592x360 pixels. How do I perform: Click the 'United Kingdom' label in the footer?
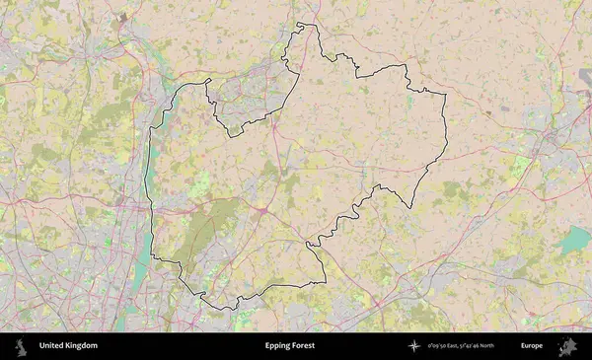pos(68,346)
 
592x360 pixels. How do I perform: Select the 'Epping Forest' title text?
pos(288,346)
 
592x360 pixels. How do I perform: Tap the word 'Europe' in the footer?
pos(531,346)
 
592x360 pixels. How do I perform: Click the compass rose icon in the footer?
pos(415,346)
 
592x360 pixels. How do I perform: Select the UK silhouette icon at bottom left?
pos(20,346)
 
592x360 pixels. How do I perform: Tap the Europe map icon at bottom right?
pos(568,346)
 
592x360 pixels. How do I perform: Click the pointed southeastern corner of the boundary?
pos(412,207)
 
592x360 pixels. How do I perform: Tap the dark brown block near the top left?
pos(121,19)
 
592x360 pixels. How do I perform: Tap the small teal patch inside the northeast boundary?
pos(409,101)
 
